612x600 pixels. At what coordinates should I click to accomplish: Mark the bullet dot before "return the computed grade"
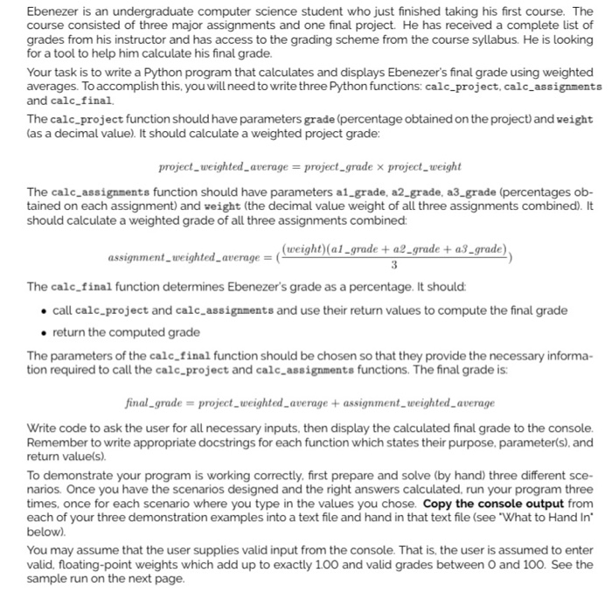click(43, 332)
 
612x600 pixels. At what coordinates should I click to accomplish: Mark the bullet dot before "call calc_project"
click(43, 311)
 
